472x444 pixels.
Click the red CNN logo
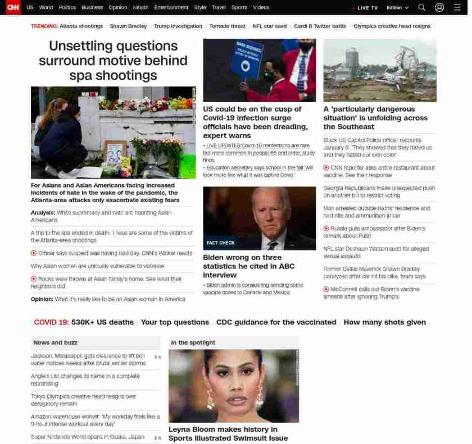coord(13,7)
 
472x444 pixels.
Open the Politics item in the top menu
coord(67,7)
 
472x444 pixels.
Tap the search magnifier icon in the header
coord(421,7)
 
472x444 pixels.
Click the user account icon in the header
coord(439,7)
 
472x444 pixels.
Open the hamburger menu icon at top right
coord(457,7)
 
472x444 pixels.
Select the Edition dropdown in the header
coord(397,8)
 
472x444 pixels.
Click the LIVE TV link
coord(366,8)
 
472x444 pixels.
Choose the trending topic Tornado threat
coord(227,26)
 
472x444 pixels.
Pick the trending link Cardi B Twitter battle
coord(320,26)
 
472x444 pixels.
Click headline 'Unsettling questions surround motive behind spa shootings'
coord(113,61)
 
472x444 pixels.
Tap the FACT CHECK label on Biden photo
coord(220,243)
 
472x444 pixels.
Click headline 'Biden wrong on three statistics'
coord(248,266)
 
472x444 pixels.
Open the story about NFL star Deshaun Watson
coord(376,252)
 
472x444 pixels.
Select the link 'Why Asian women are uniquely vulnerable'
coord(97,266)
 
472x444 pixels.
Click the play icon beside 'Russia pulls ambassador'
coord(326,228)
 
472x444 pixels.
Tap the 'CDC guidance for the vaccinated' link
coord(276,322)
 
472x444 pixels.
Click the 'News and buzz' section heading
coord(55,342)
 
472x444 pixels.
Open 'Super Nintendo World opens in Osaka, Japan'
coord(88,437)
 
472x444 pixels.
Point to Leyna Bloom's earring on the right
coord(260,399)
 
